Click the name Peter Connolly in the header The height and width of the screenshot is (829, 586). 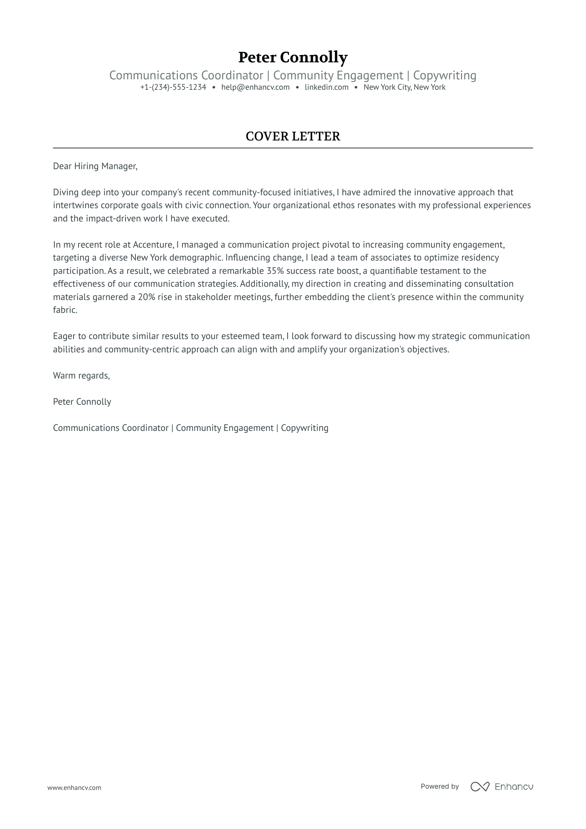click(293, 57)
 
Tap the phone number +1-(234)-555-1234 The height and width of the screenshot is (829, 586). click(173, 87)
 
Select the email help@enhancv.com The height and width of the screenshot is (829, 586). click(255, 87)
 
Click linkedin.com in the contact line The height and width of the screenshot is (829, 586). click(326, 87)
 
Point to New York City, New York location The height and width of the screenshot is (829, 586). click(404, 87)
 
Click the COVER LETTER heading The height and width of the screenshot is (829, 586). click(293, 136)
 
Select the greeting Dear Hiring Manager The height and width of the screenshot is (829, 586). click(95, 166)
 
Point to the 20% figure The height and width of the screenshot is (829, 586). click(146, 297)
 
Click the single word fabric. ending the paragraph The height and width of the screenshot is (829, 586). click(65, 310)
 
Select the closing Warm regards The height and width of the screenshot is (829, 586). click(81, 376)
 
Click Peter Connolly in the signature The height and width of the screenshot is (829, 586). click(82, 402)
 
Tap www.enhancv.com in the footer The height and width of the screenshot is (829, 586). click(74, 787)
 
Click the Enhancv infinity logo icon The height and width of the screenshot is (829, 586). click(480, 787)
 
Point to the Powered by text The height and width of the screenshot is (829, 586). click(439, 786)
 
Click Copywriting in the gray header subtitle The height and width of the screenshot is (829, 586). click(444, 76)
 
